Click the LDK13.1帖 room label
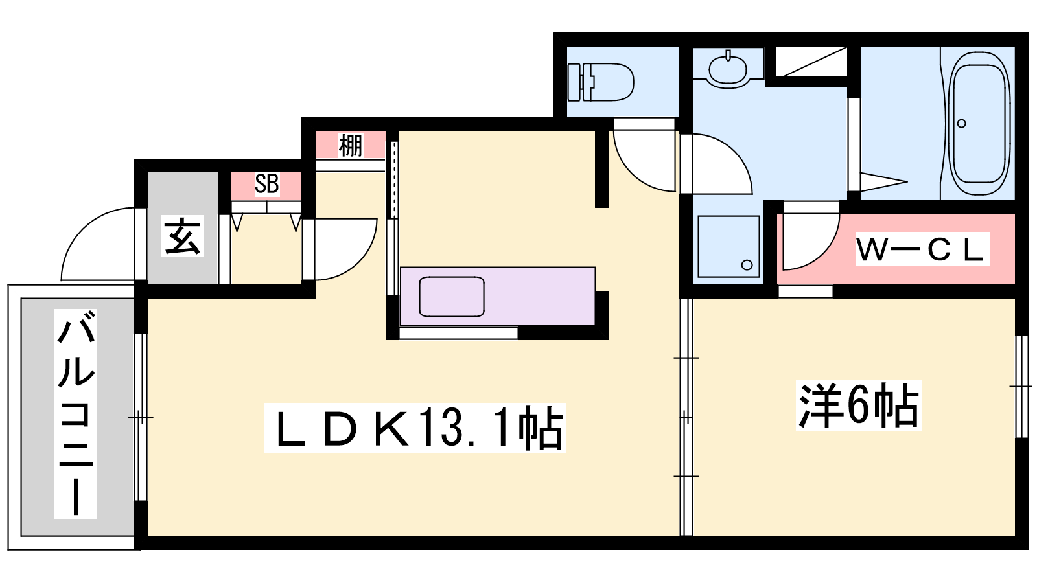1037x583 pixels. pyautogui.click(x=415, y=428)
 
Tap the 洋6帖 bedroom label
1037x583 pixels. pyautogui.click(x=859, y=406)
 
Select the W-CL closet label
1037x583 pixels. pyautogui.click(x=922, y=249)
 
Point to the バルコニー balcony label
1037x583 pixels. pyautogui.click(x=75, y=413)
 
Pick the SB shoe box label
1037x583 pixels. pyautogui.click(x=266, y=184)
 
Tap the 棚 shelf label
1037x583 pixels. pyautogui.click(x=351, y=145)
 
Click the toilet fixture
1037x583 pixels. pyautogui.click(x=600, y=82)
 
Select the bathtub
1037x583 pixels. pyautogui.click(x=979, y=124)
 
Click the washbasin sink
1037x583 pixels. pyautogui.click(x=728, y=69)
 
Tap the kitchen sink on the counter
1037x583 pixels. pyautogui.click(x=451, y=297)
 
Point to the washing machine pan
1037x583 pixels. pyautogui.click(x=728, y=246)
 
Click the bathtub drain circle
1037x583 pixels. pyautogui.click(x=962, y=124)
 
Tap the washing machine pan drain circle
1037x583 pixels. pyautogui.click(x=747, y=265)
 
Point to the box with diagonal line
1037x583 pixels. pyautogui.click(x=811, y=62)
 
